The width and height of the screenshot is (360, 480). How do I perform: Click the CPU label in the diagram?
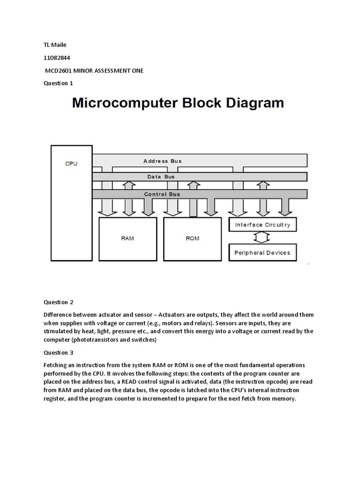tap(71, 164)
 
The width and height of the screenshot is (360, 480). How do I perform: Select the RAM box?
tap(127, 239)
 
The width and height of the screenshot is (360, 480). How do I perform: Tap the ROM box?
tap(192, 239)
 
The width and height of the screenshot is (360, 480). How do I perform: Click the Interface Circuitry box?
tap(262, 225)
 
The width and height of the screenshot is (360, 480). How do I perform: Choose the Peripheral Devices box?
tap(262, 253)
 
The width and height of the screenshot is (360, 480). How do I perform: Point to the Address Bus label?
tap(162, 161)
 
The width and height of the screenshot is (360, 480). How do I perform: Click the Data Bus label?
tap(161, 177)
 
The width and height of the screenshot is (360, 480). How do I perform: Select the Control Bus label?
tap(162, 194)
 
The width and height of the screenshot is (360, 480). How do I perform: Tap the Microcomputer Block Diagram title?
tap(178, 103)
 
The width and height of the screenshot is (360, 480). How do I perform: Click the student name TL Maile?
tap(55, 45)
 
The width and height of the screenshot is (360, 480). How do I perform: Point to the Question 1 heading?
tap(59, 83)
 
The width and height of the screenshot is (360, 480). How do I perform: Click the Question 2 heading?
tap(59, 302)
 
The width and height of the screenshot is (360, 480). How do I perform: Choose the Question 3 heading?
tap(59, 352)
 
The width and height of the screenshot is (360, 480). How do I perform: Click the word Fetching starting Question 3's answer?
tap(56, 365)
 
